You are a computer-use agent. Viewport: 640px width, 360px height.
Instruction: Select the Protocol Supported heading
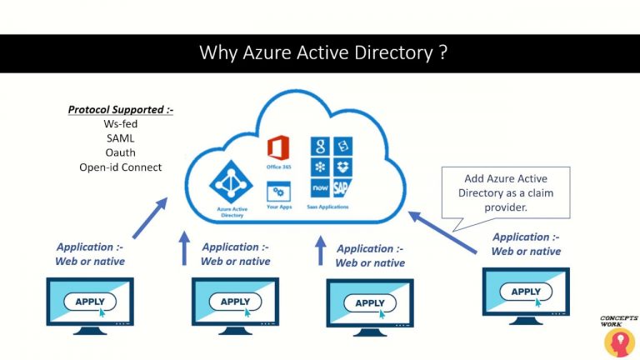tap(120, 109)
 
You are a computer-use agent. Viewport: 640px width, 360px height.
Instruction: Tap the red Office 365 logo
tap(277, 149)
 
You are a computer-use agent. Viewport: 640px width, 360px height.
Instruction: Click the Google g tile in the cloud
tap(317, 147)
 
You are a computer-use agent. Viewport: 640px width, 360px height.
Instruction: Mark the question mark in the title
tap(442, 53)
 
